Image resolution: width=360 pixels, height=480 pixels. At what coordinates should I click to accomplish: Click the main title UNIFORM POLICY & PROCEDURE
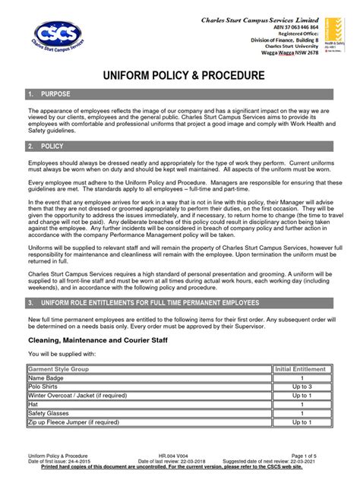pyautogui.click(x=179, y=76)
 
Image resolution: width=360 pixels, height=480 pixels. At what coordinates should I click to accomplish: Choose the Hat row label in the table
pyautogui.click(x=33, y=405)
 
